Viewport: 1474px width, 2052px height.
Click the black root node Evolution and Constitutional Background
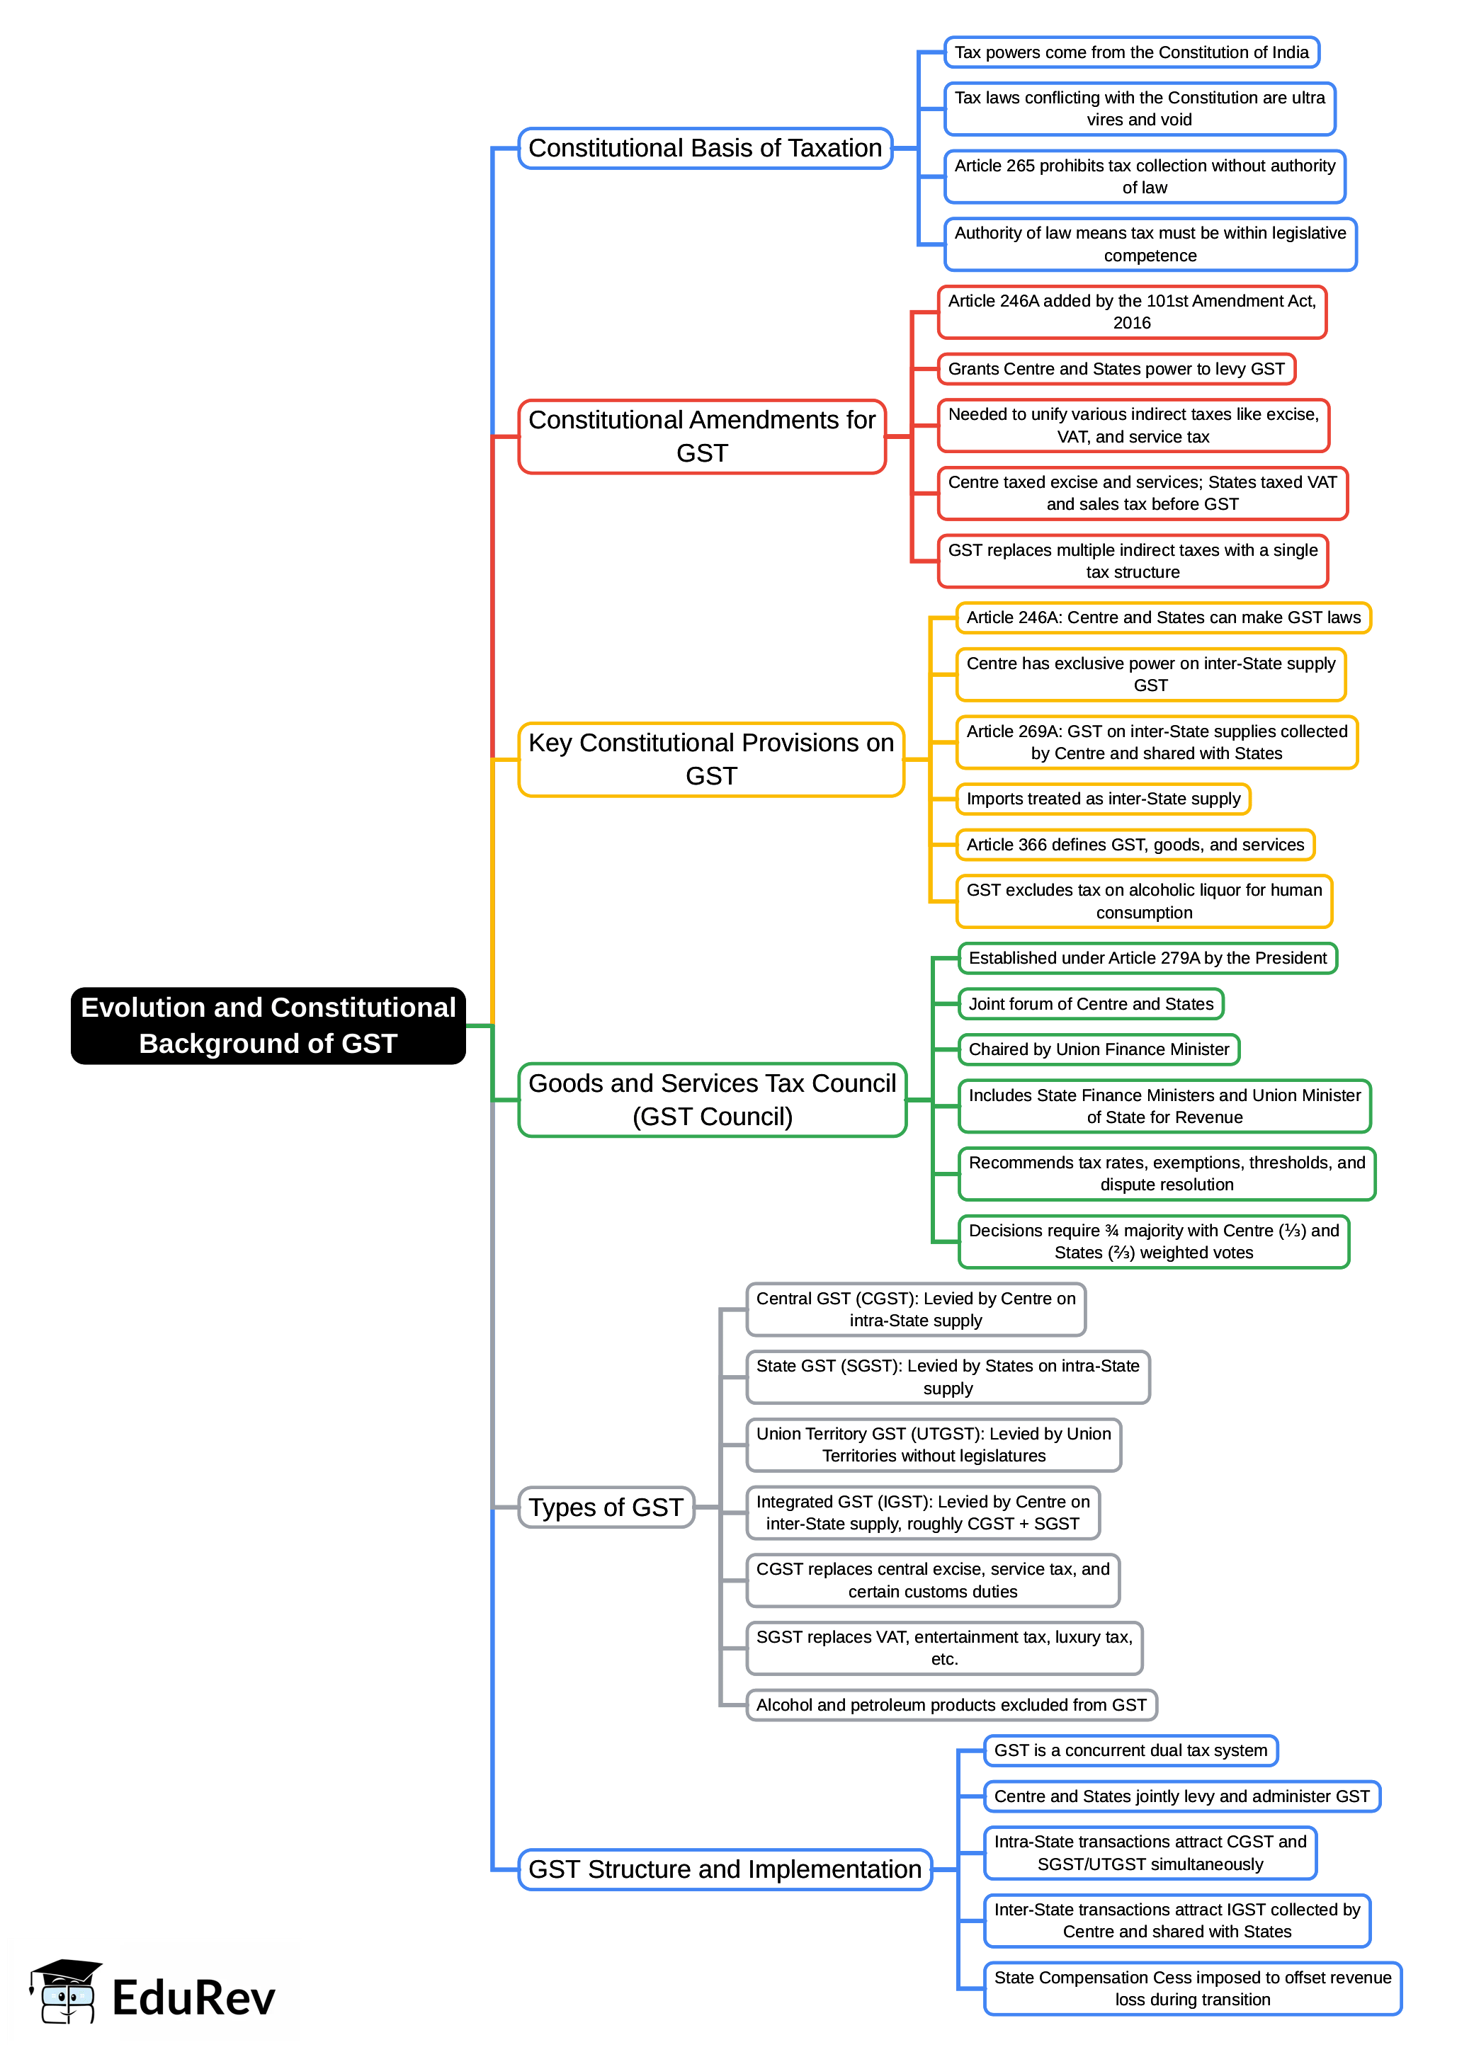pyautogui.click(x=268, y=1025)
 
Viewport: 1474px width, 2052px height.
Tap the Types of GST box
pyautogui.click(x=606, y=1507)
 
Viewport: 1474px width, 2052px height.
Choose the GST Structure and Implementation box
pyautogui.click(x=725, y=1869)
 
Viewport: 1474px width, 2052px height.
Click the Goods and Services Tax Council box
pyautogui.click(x=712, y=1099)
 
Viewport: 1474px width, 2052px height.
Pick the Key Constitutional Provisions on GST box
pyautogui.click(x=711, y=759)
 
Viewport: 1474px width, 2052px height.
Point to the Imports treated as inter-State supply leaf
pyautogui.click(x=1103, y=799)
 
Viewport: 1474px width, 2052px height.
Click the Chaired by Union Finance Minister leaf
pyautogui.click(x=1099, y=1049)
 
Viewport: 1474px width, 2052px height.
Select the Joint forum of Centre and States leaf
pyautogui.click(x=1090, y=1003)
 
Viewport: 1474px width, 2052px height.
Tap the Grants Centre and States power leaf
pyautogui.click(x=1116, y=369)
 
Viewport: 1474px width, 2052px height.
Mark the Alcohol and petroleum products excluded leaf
pyautogui.click(x=951, y=1704)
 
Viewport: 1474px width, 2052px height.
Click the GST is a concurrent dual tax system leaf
pyautogui.click(x=1130, y=1750)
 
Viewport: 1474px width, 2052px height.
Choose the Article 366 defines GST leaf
pyautogui.click(x=1135, y=844)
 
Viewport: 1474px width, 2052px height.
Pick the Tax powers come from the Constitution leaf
pyautogui.click(x=1131, y=52)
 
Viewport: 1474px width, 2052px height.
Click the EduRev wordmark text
pyautogui.click(x=193, y=1997)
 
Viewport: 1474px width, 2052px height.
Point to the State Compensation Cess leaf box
pyautogui.click(x=1191, y=1988)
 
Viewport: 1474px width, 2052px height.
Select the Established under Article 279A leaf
pyautogui.click(x=1147, y=958)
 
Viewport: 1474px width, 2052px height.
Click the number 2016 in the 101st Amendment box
pyautogui.click(x=1132, y=323)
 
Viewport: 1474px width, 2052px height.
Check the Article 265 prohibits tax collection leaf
pyautogui.click(x=1144, y=176)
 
